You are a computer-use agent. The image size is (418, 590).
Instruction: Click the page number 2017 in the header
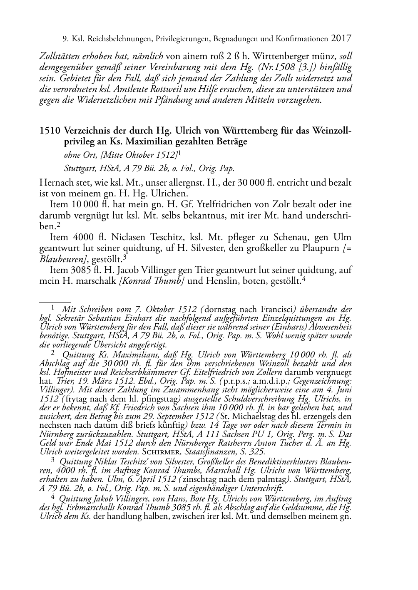tap(342, 39)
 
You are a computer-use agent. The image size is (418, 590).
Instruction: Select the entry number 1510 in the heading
tap(50, 131)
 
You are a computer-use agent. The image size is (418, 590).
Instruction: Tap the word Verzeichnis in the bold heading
tap(87, 131)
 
